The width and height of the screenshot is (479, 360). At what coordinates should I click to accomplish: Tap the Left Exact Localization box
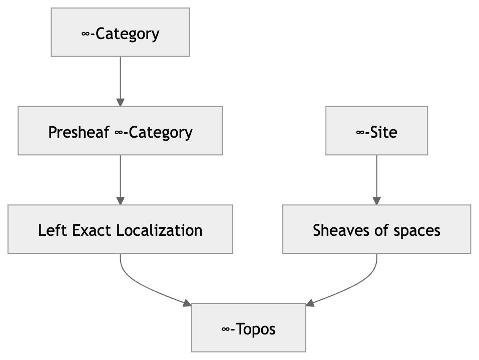[x=120, y=229]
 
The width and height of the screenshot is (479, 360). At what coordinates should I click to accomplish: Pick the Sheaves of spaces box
[x=376, y=229]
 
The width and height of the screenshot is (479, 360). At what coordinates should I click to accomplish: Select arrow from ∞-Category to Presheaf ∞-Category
[x=120, y=80]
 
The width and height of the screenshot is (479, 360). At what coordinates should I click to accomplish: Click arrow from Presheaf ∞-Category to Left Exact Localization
[x=120, y=179]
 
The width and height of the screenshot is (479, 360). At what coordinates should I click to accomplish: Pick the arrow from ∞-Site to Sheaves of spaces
[x=376, y=179]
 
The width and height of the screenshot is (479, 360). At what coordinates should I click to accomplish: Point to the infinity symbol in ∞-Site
[x=360, y=132]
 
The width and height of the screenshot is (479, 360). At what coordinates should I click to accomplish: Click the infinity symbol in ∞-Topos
[x=226, y=329]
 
